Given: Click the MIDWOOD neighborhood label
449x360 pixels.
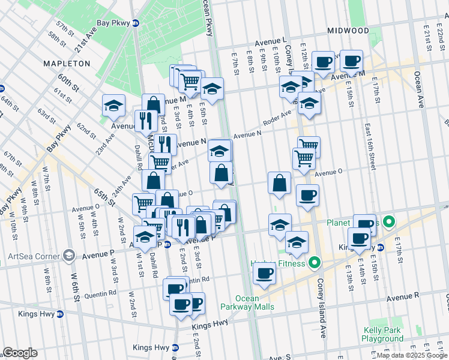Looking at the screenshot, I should tap(348, 30).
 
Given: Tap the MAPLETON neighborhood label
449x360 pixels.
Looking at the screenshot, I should tap(66, 63).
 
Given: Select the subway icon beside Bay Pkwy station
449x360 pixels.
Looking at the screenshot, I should tap(136, 23).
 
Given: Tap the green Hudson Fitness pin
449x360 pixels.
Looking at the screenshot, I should tap(314, 263).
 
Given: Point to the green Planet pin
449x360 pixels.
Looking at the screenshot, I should tap(388, 223).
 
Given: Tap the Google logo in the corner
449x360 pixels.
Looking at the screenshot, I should tap(20, 353).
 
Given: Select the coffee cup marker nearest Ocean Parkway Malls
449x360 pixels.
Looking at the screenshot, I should tap(264, 274).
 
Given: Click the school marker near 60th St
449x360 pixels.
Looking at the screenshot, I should tap(113, 106).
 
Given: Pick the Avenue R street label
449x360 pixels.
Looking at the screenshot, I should tap(403, 297).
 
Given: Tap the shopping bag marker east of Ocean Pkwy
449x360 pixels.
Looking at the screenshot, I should tap(280, 182).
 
